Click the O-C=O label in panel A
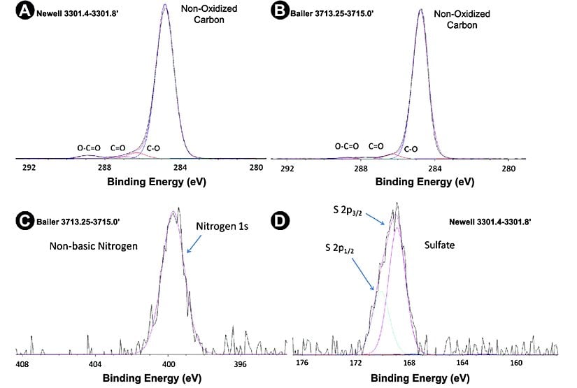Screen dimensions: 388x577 (89, 148)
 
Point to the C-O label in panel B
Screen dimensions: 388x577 (411, 149)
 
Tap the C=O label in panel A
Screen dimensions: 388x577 (117, 148)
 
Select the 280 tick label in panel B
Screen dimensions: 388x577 (509, 168)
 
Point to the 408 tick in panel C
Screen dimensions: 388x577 (22, 364)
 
